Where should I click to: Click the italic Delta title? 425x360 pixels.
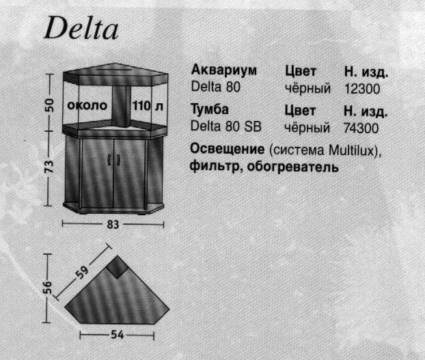tap(81, 28)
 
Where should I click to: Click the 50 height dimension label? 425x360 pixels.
tap(50, 105)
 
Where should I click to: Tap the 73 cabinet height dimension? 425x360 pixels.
tap(49, 166)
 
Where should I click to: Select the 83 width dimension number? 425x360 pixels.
tap(113, 225)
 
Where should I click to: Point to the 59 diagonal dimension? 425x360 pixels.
tap(82, 273)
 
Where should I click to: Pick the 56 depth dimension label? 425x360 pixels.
tap(47, 288)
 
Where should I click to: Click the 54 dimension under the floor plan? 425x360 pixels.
tap(118, 335)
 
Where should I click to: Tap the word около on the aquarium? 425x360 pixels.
tap(87, 105)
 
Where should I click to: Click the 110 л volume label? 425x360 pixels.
tap(148, 106)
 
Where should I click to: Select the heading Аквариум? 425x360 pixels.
tap(224, 70)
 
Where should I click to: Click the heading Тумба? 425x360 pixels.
tap(210, 109)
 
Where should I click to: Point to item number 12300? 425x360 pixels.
tap(362, 89)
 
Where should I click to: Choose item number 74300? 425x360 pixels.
tap(361, 128)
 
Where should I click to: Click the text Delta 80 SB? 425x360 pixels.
tap(226, 126)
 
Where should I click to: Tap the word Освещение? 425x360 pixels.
tap(227, 150)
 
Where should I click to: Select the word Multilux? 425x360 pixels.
tap(351, 150)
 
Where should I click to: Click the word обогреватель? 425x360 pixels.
tap(292, 167)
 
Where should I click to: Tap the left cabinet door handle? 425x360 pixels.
tap(109, 159)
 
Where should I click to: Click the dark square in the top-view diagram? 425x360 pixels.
tap(117, 267)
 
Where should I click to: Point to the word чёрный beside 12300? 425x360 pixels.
tap(307, 88)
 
